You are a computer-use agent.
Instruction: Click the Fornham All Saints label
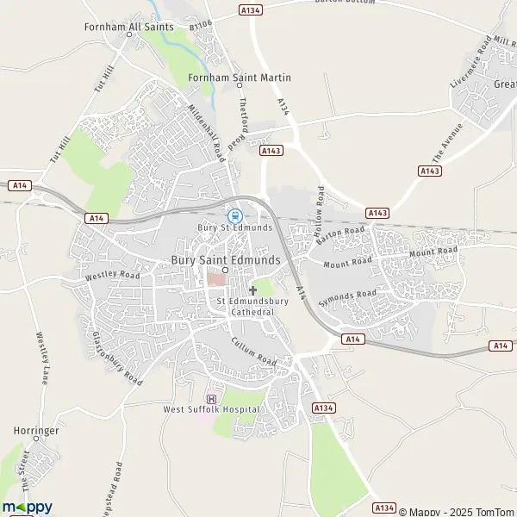pyautogui.click(x=128, y=27)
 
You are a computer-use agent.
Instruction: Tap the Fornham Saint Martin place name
pyautogui.click(x=240, y=78)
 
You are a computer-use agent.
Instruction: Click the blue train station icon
pyautogui.click(x=234, y=215)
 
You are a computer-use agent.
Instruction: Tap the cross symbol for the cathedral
pyautogui.click(x=252, y=290)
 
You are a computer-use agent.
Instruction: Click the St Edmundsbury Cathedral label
pyautogui.click(x=252, y=306)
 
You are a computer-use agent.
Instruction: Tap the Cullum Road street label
pyautogui.click(x=254, y=349)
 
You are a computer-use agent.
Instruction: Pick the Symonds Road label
pyautogui.click(x=347, y=299)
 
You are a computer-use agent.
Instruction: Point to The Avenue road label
pyautogui.click(x=447, y=143)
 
